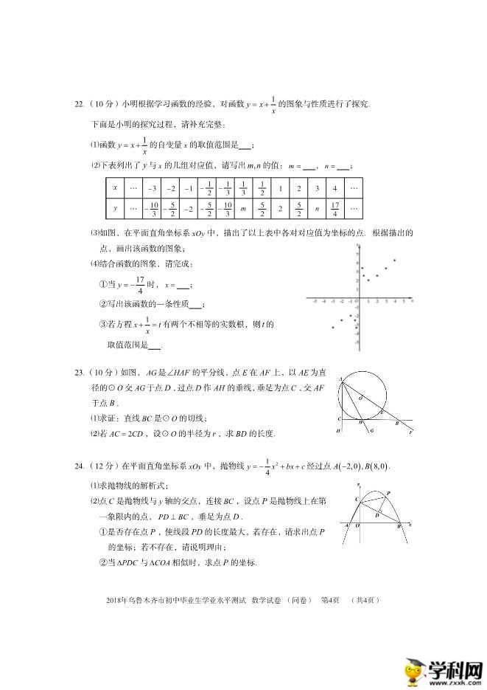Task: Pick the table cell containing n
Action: coord(317,210)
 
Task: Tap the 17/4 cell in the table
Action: coord(335,210)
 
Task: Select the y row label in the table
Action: coord(115,210)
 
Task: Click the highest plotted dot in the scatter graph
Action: coord(395,260)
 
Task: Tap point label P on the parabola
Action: coord(388,492)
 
